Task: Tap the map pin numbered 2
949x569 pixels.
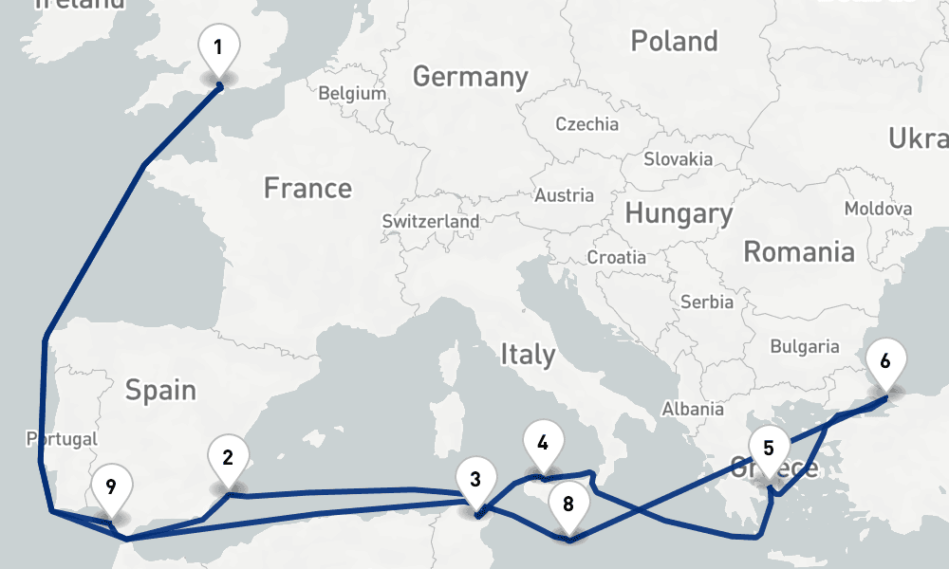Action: click(228, 458)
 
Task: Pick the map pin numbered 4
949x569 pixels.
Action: click(542, 443)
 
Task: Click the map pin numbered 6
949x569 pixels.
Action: click(885, 361)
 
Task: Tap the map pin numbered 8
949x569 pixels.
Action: click(568, 504)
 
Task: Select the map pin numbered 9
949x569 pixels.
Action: click(111, 488)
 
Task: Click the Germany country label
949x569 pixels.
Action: click(470, 77)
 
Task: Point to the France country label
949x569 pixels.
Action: click(307, 189)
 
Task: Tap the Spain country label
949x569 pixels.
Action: click(160, 390)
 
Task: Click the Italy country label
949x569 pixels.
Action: click(528, 356)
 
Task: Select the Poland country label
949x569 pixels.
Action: click(674, 41)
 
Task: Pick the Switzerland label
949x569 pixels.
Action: click(431, 221)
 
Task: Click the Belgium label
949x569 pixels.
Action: click(352, 94)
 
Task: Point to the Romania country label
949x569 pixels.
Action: click(798, 252)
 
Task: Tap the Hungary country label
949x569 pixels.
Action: click(679, 214)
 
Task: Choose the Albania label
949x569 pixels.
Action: click(692, 409)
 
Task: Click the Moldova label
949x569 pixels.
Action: click(878, 209)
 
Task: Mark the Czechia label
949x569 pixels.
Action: click(586, 124)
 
